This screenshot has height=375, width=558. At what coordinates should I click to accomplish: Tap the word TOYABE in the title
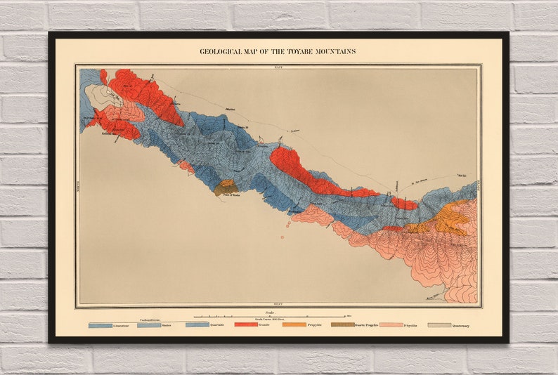[x=302, y=51]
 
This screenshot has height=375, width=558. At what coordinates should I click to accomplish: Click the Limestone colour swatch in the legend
[x=100, y=325]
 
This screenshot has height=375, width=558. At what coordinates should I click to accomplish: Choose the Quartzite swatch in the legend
[x=197, y=325]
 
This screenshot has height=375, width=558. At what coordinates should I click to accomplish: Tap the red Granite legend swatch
[x=245, y=325]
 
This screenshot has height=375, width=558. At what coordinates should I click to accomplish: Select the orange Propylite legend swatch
[x=294, y=325]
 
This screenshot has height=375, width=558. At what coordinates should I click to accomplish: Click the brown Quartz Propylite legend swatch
[x=342, y=325]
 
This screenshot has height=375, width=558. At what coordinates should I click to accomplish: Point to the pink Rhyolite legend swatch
[x=391, y=325]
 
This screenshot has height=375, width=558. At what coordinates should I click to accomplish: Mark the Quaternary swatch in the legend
[x=439, y=325]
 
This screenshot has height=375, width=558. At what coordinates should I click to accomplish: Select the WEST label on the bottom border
[x=278, y=307]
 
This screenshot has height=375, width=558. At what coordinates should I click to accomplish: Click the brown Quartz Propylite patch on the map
[x=225, y=187]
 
